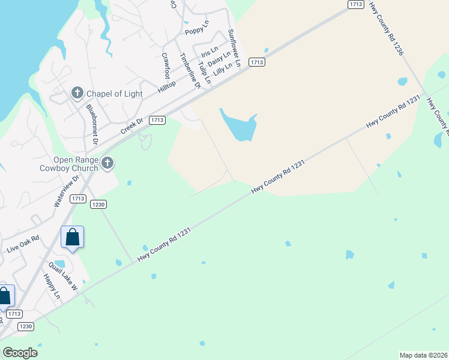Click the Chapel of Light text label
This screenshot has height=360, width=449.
(x=115, y=94)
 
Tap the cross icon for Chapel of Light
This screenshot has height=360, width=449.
(x=77, y=93)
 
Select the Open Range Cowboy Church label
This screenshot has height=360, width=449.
(x=76, y=164)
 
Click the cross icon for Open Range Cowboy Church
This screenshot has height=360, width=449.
(x=107, y=163)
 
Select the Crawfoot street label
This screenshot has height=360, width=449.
(x=166, y=65)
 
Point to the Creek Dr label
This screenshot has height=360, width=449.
(x=132, y=127)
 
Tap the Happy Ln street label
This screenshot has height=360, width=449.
(x=52, y=287)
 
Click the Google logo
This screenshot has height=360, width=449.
(x=20, y=352)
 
